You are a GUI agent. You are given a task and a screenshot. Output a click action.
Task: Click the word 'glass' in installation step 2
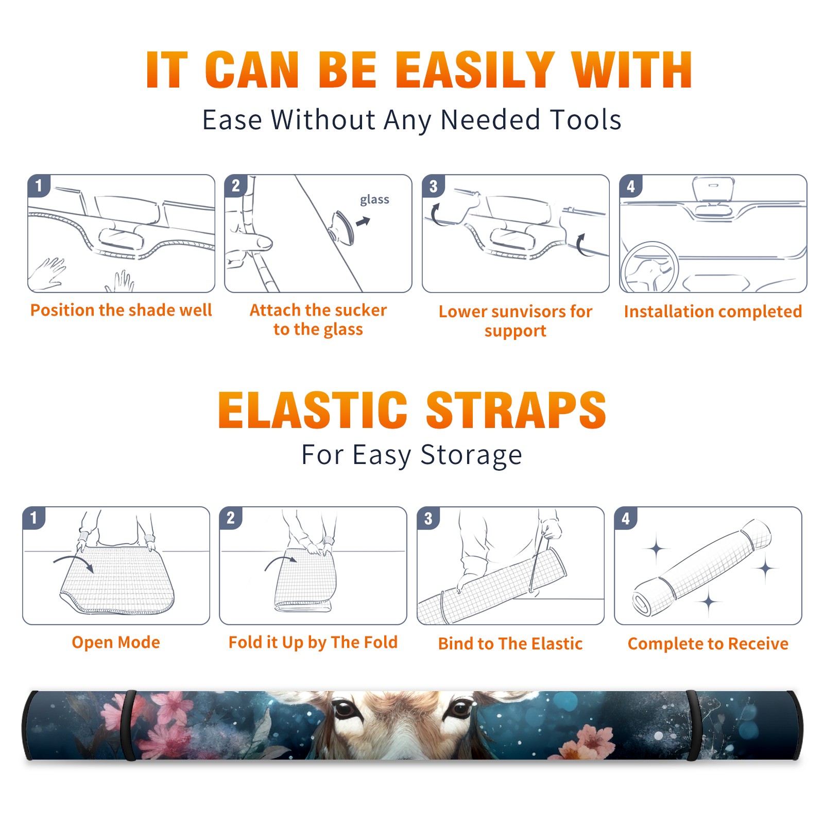pyautogui.click(x=374, y=200)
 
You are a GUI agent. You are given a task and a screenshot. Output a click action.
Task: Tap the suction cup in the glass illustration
pyautogui.click(x=342, y=227)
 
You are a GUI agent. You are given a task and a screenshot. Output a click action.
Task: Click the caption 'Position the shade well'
pyautogui.click(x=121, y=311)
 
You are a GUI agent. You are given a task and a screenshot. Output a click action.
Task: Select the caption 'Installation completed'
pyautogui.click(x=713, y=312)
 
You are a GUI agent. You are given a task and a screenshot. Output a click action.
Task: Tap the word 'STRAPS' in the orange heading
pyautogui.click(x=516, y=410)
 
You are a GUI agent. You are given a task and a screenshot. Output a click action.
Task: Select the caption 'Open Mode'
pyautogui.click(x=116, y=642)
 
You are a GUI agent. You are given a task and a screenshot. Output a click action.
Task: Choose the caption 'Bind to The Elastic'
pyautogui.click(x=510, y=644)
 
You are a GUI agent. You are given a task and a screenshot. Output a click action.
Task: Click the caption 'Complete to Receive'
pyautogui.click(x=708, y=644)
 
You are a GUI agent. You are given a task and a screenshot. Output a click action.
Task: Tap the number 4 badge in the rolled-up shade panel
pyautogui.click(x=626, y=518)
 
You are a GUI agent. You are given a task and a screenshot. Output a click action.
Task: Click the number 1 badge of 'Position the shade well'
pyautogui.click(x=39, y=185)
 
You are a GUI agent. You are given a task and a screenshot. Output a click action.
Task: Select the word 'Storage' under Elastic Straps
pyautogui.click(x=471, y=455)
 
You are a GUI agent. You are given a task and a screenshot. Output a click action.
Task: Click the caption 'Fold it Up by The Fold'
pyautogui.click(x=313, y=643)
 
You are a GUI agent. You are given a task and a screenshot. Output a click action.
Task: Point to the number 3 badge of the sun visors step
pyautogui.click(x=433, y=186)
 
